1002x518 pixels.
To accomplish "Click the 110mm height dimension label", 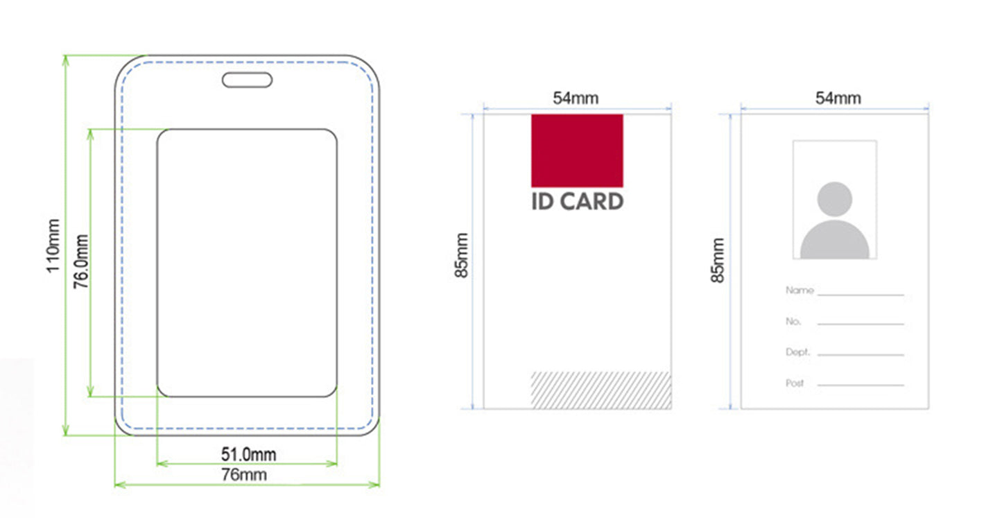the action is coord(53,245).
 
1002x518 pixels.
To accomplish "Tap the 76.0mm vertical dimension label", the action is coord(81,261).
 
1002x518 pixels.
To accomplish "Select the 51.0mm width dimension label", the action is coord(249,454).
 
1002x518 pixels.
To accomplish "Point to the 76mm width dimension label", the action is coord(244,474).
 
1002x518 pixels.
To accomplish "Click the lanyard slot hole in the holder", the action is coord(247,80).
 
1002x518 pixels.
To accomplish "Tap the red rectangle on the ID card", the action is coord(577,150).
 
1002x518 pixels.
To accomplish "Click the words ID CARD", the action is coord(577,202).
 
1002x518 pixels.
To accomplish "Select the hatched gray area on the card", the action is coord(601,390).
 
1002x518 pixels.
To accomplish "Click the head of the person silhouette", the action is coord(835,199).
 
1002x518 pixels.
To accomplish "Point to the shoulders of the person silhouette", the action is coord(835,239).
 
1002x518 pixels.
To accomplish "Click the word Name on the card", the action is coord(800,291).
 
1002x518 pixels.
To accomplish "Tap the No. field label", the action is coord(793,321).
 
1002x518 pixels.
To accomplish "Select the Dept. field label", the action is coord(798,352).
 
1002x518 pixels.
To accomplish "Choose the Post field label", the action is coord(795,383).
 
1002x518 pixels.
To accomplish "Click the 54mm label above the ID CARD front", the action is coord(576,98).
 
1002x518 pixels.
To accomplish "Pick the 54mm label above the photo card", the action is coord(838,98).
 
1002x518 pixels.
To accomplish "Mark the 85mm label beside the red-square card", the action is coord(461,255).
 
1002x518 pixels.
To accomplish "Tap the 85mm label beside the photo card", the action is coord(718,260).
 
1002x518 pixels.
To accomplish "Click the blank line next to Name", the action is coord(861,295).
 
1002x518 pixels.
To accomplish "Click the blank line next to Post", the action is coord(861,385).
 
